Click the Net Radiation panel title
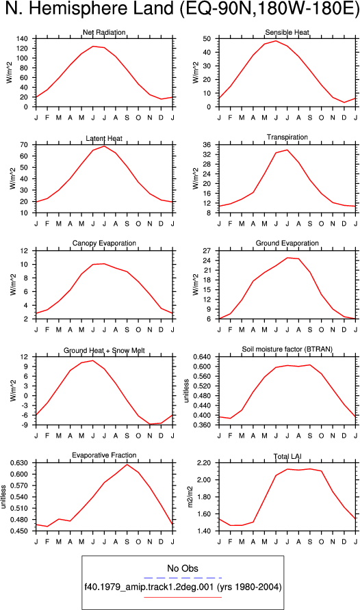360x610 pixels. click(x=104, y=32)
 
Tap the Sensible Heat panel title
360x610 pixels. click(x=287, y=32)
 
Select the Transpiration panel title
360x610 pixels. click(x=287, y=137)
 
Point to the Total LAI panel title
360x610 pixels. click(x=287, y=456)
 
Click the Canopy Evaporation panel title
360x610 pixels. click(x=104, y=243)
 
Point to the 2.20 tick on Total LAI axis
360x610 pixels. click(x=205, y=463)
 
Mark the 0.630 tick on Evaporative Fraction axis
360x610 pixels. click(x=19, y=463)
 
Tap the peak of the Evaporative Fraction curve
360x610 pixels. click(x=127, y=464)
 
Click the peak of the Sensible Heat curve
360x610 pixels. click(x=276, y=40)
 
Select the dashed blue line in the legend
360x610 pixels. click(x=183, y=578)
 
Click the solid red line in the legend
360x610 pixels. click(x=183, y=597)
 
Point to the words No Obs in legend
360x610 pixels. click(x=183, y=568)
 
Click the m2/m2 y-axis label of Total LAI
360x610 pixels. click(x=190, y=496)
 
